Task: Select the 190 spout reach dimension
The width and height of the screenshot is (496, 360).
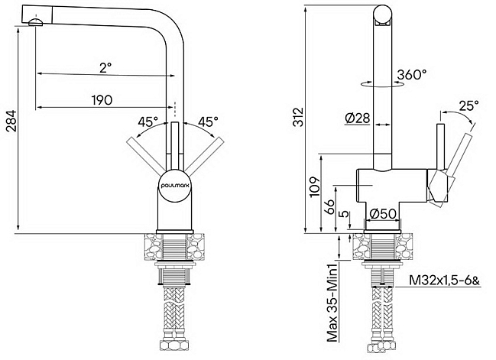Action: coord(102,100)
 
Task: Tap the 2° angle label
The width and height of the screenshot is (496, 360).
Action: coord(105,67)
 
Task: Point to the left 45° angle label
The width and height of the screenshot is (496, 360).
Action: coord(148,122)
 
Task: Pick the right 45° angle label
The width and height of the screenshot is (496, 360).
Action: coord(208,122)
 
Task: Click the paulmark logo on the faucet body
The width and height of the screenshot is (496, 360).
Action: coord(174,186)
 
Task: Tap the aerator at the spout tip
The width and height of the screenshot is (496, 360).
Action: coord(35,22)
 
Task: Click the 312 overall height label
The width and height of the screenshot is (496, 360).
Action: coord(298,117)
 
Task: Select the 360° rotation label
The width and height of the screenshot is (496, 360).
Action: coord(412,74)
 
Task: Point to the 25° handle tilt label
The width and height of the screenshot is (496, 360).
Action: coord(469,105)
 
